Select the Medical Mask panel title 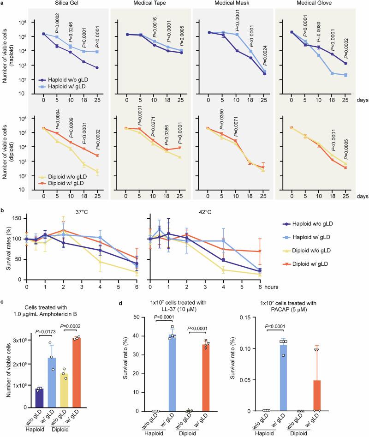[237, 5]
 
